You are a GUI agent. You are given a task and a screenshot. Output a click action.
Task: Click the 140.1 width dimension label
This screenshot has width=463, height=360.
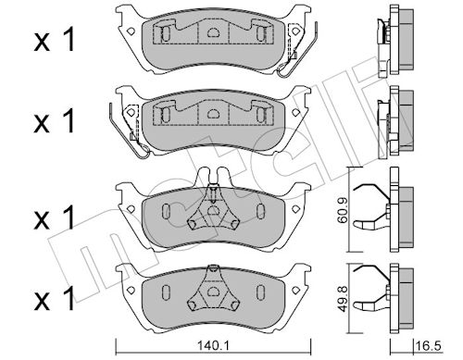(213, 345)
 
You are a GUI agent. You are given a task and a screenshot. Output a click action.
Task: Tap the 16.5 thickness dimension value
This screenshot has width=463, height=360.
(429, 345)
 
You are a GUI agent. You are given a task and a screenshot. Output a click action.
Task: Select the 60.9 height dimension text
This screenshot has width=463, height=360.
(343, 210)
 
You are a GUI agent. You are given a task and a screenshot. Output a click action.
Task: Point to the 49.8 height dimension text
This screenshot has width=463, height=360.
(343, 299)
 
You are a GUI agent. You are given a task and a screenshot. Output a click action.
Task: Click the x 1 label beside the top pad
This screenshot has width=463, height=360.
(55, 39)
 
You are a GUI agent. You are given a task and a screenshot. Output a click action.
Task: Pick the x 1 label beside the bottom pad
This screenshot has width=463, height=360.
(55, 298)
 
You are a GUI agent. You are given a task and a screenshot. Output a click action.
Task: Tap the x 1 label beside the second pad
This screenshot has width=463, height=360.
(55, 120)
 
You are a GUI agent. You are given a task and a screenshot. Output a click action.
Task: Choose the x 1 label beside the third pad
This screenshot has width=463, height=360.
(55, 217)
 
